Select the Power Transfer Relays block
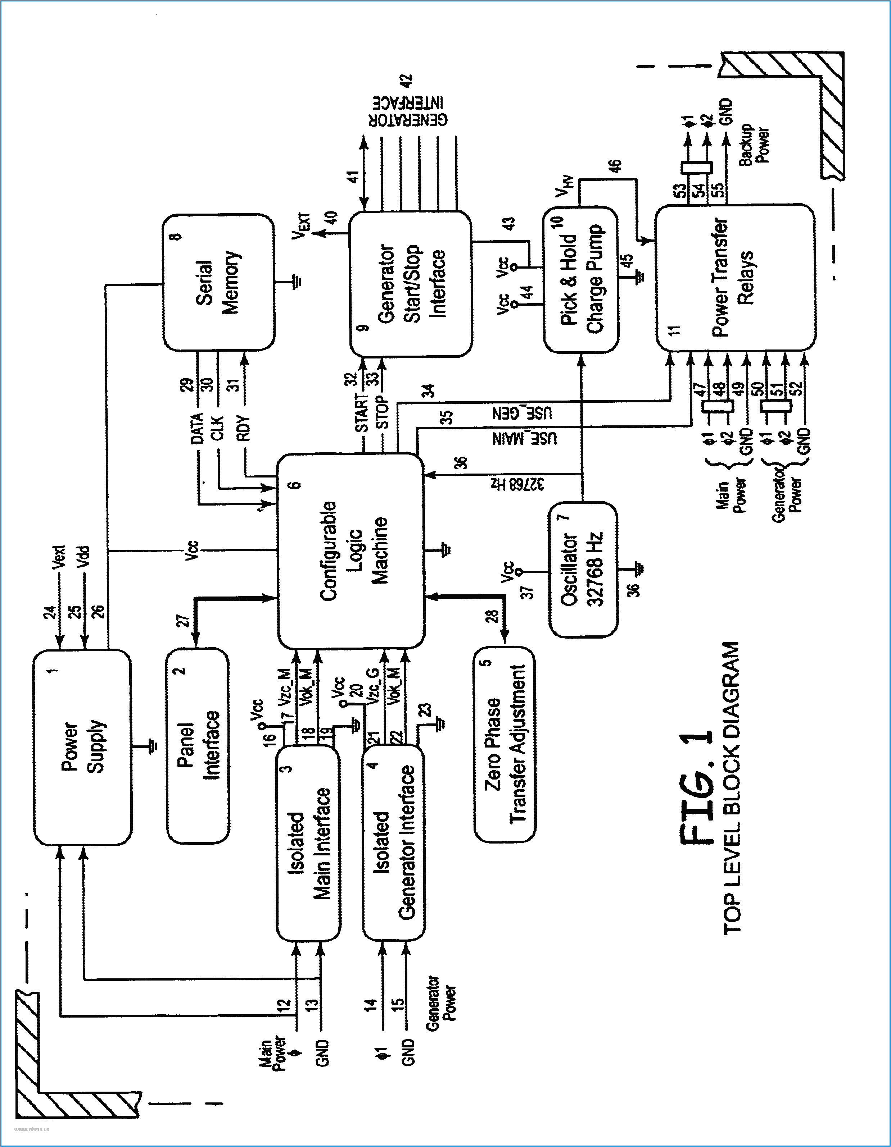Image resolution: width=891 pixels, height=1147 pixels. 735,277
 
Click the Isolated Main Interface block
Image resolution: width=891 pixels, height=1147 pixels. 308,844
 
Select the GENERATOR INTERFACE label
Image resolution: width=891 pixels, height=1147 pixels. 408,111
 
